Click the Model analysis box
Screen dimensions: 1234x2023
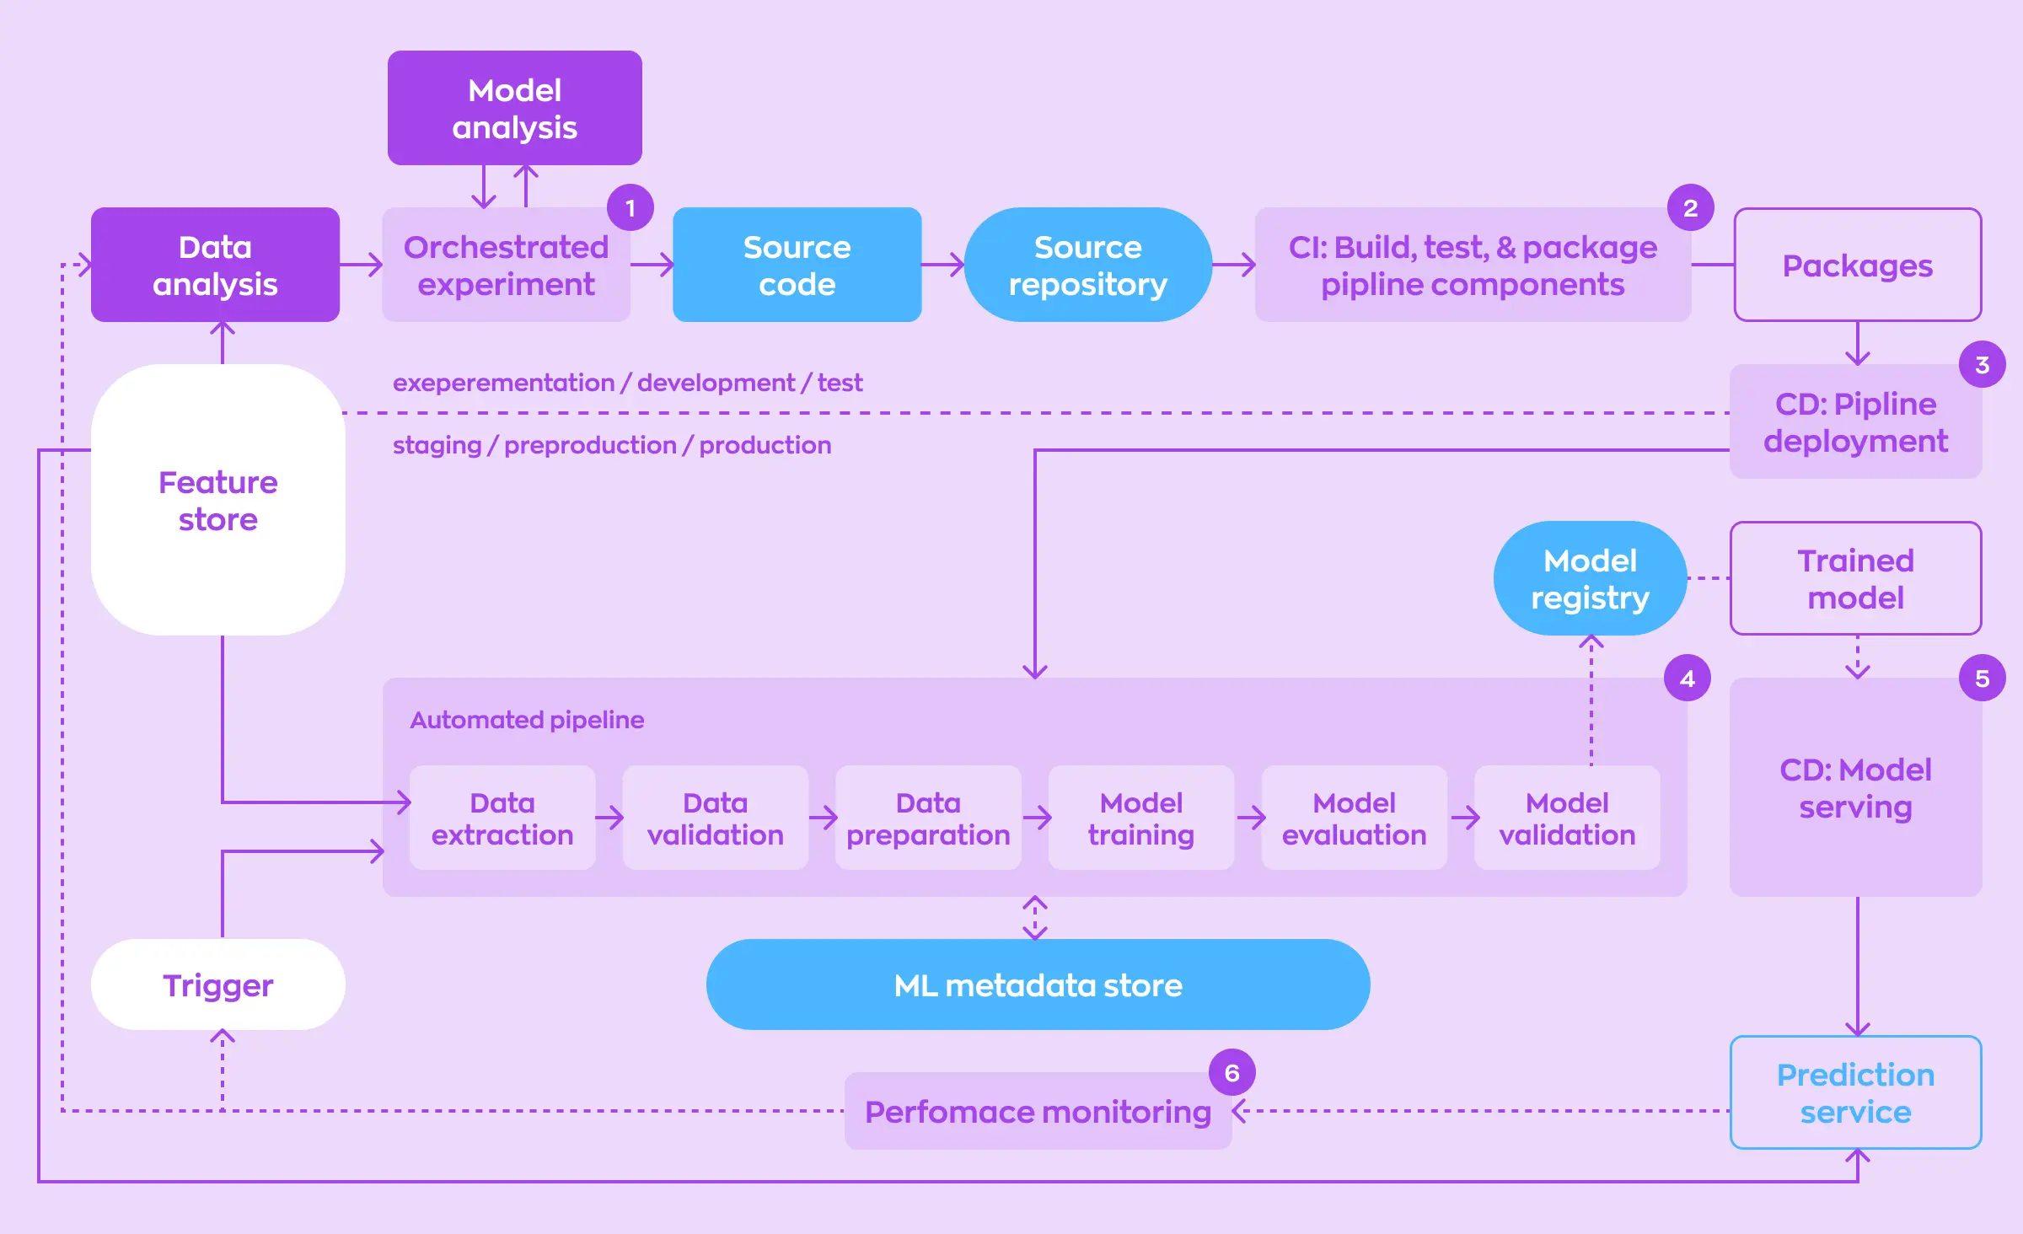point(514,108)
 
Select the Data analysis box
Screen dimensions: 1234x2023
point(215,265)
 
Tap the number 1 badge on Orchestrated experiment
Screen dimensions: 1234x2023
point(630,208)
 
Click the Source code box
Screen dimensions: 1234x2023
point(797,265)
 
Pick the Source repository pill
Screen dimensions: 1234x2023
point(1087,265)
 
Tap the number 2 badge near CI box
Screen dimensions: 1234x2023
point(1690,208)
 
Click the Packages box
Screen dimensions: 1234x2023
point(1857,266)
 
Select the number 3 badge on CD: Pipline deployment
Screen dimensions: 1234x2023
point(1982,365)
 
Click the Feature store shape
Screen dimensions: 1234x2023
point(217,500)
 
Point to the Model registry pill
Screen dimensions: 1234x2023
point(1590,578)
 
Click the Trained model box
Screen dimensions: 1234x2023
point(1855,578)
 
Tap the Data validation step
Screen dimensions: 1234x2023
point(715,818)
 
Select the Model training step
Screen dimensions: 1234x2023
point(1140,818)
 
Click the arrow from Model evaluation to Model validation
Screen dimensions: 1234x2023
point(1465,817)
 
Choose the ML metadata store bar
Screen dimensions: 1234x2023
point(1038,985)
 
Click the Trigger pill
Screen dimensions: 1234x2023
point(217,985)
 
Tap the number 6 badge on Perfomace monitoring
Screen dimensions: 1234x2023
point(1232,1073)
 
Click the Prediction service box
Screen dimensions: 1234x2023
point(1855,1092)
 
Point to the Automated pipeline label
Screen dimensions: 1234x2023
point(527,720)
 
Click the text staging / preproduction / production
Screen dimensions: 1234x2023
point(612,445)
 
